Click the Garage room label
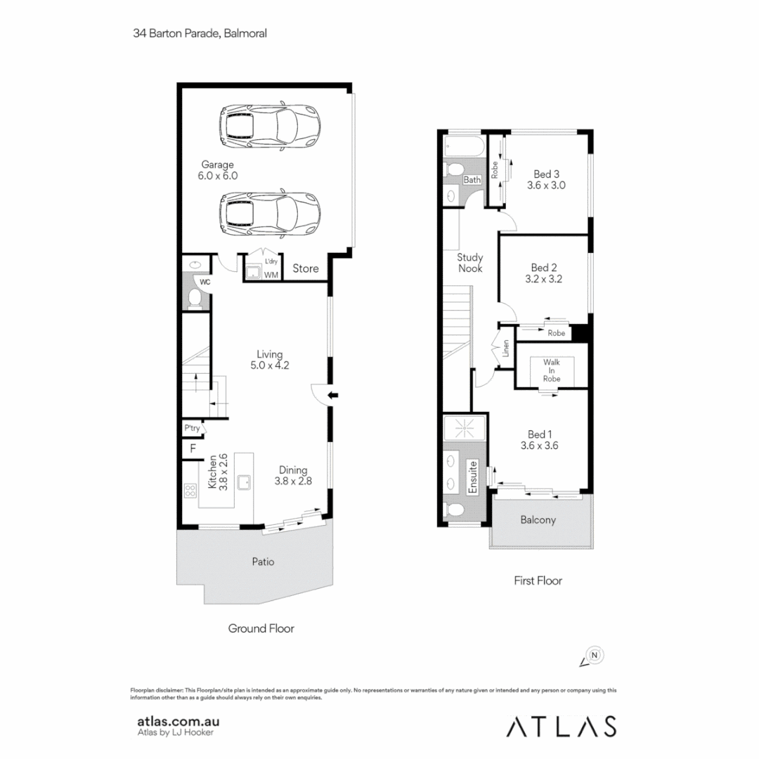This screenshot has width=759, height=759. click(218, 171)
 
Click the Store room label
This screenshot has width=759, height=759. click(306, 268)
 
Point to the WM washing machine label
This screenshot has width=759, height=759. click(271, 275)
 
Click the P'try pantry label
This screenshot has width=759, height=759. click(191, 427)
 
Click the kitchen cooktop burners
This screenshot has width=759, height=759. click(190, 490)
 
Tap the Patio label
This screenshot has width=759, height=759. click(264, 562)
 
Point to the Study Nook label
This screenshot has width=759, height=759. click(469, 263)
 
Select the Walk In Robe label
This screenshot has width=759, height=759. click(552, 370)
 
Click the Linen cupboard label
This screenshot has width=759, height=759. click(506, 349)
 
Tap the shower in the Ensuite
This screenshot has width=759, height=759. click(464, 428)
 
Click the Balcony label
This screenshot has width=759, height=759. click(538, 521)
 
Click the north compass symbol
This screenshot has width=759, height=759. click(594, 656)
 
